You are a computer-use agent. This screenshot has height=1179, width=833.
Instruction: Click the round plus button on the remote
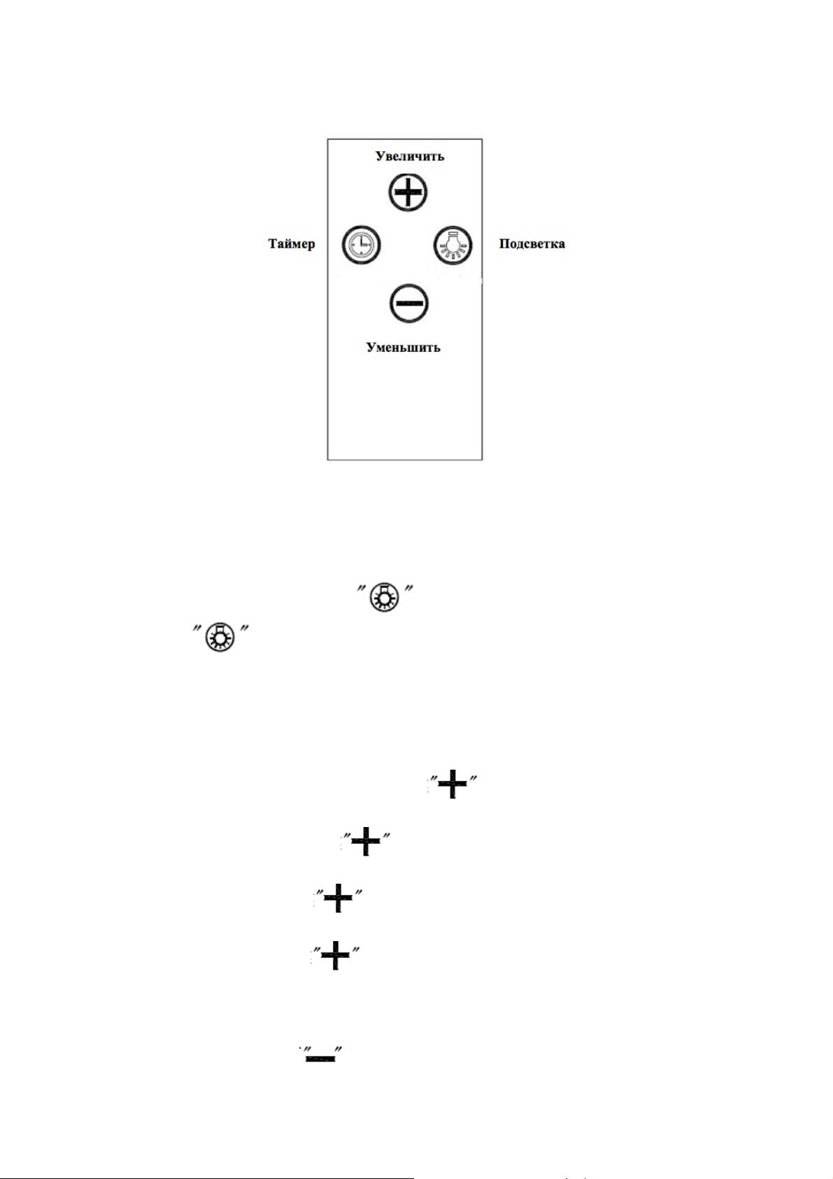click(408, 192)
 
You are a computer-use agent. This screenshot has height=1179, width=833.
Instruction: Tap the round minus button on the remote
click(409, 304)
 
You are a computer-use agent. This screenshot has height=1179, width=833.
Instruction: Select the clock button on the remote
click(361, 246)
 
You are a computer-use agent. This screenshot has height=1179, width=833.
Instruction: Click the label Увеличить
click(409, 156)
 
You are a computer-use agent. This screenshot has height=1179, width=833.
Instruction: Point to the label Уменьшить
click(403, 347)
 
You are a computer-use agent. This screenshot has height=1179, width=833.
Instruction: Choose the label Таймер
click(292, 243)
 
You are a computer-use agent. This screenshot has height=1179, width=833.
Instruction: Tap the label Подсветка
click(532, 243)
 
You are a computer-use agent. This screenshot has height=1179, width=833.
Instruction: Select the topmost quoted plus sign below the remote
click(453, 783)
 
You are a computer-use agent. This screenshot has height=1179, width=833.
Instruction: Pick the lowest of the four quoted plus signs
click(335, 955)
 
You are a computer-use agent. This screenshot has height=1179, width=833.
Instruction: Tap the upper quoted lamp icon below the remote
click(385, 598)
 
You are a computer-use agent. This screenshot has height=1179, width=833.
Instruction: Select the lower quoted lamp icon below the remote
click(220, 638)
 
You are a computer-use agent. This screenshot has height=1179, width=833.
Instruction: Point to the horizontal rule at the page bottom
click(207, 1178)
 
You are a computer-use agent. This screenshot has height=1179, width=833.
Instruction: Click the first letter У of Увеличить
click(380, 156)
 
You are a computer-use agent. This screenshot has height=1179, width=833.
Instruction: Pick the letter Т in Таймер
click(273, 243)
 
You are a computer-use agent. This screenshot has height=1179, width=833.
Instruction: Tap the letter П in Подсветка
click(504, 243)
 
